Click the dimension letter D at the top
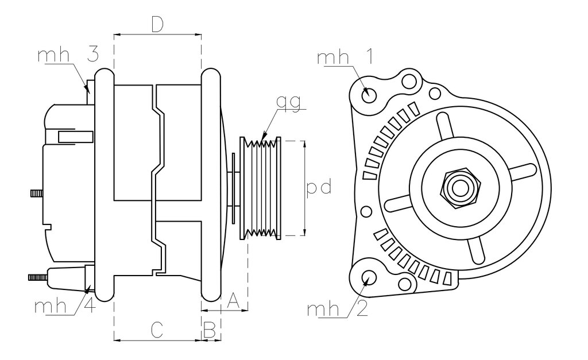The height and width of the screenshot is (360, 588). pos(157,25)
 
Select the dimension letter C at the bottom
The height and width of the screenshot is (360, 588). pos(157,330)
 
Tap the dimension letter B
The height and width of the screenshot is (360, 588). pos(210,330)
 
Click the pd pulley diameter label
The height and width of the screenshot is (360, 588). pos(319,187)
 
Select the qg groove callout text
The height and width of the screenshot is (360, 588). pos(288,102)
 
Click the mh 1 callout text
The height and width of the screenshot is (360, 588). pos(345,57)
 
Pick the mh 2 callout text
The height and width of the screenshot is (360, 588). pos(336,309)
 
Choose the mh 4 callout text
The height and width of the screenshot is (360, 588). pos(64,305)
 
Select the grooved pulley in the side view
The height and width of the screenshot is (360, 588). pos(260,188)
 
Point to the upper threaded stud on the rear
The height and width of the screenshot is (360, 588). pos(37,193)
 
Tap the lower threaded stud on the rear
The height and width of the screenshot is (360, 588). pos(38,277)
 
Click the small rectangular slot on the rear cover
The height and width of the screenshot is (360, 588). pos(75,137)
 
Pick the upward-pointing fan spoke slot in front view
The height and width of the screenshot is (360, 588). pos(445,126)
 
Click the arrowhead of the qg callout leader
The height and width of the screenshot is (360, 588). pos(264,134)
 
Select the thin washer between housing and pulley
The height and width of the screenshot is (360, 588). pos(234,188)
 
